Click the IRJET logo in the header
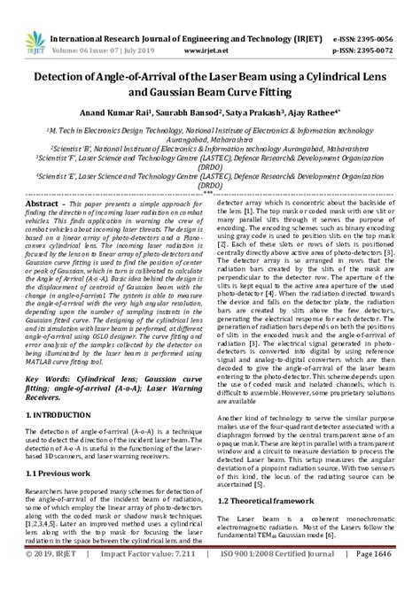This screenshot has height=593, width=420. (x=26, y=19)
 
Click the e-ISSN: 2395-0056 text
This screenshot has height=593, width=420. (x=376, y=15)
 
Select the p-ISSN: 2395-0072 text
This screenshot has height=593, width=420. (x=376, y=27)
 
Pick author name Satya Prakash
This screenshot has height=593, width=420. (x=248, y=113)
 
